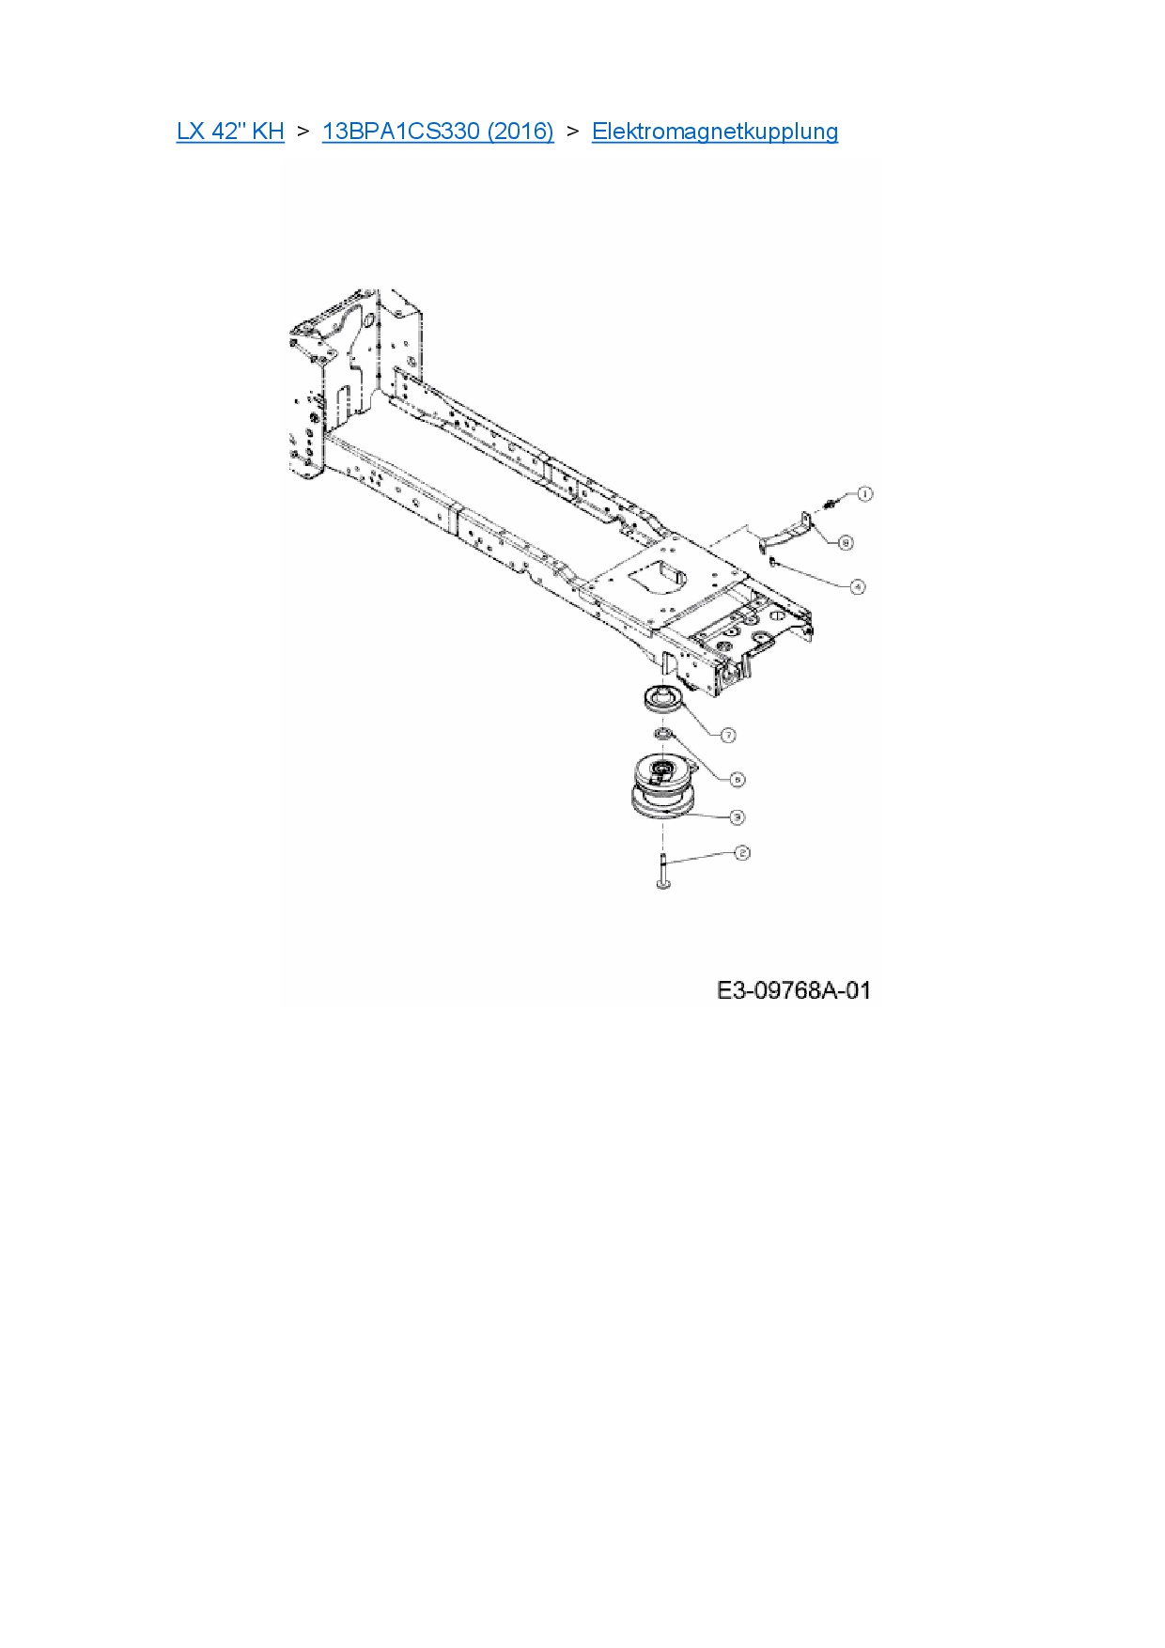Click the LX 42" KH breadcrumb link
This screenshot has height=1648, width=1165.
coord(230,132)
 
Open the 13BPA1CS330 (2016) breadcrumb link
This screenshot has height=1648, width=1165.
coord(438,132)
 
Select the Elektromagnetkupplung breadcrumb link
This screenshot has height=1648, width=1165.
coord(714,132)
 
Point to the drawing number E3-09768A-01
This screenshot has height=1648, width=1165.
coord(794,990)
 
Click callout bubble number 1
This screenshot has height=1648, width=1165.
coord(864,493)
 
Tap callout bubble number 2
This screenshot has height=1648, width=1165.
coord(742,853)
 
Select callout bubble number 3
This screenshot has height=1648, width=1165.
coord(738,816)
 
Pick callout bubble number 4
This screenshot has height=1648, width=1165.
coord(857,586)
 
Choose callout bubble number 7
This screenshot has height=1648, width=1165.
coord(728,735)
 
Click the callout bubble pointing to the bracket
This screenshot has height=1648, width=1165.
coord(846,543)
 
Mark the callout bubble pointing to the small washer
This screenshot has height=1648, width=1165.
coord(738,779)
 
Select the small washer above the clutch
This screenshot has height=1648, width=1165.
coord(661,733)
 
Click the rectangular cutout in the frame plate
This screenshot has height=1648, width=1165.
coord(660,575)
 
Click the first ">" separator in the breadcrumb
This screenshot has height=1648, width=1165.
coord(303,132)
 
